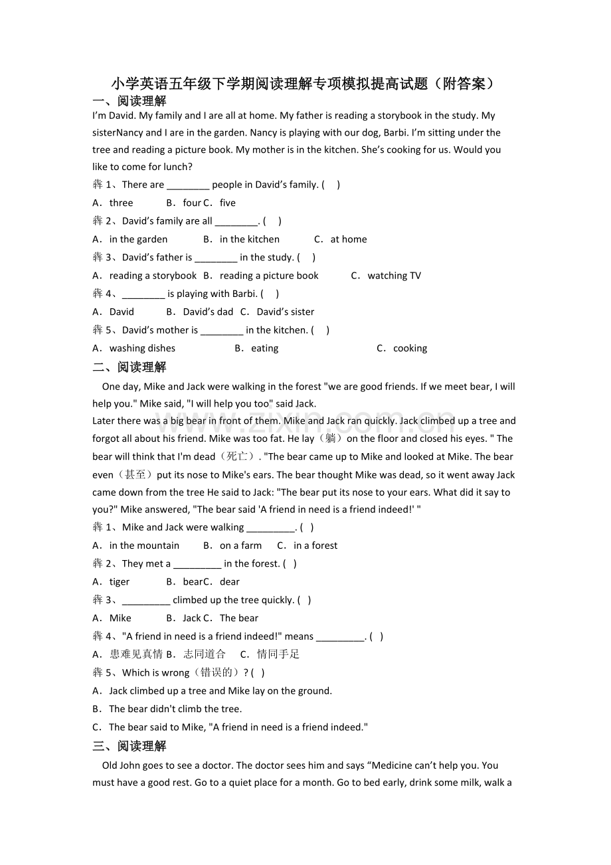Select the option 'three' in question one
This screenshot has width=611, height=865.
[121, 203]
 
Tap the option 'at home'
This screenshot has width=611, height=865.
[348, 239]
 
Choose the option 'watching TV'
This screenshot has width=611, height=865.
[394, 276]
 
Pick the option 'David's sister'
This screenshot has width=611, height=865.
[285, 312]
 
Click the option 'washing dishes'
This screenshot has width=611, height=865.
[142, 348]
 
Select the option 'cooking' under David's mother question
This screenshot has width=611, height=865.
[410, 348]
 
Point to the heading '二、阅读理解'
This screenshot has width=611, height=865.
[130, 367]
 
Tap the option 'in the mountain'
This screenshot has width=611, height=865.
[144, 545]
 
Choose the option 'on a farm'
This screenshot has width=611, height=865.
[240, 545]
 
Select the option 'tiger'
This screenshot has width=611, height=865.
[120, 582]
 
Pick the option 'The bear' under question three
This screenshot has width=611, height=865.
[239, 618]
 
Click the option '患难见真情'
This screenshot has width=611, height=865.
[136, 654]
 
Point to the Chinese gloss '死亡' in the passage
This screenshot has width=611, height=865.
[237, 456]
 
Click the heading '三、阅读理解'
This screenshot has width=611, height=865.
[130, 746]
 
